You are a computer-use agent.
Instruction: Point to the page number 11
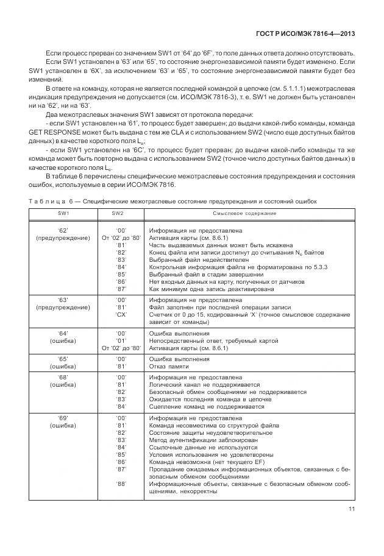click(x=351, y=510)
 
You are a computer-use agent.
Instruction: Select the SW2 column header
click(x=117, y=213)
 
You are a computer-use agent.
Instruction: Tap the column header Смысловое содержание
click(x=244, y=213)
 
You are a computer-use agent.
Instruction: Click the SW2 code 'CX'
click(x=121, y=315)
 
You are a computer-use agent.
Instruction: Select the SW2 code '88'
click(x=121, y=484)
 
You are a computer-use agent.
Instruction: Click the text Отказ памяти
click(x=170, y=367)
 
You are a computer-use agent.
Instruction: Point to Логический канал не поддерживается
click(x=204, y=385)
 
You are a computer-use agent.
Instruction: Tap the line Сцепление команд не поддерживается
click(x=207, y=407)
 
